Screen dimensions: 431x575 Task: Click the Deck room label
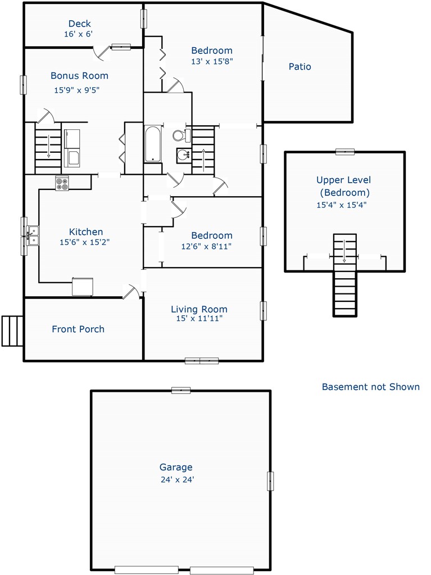coord(80,24)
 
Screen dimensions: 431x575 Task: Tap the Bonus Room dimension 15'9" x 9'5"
coord(77,90)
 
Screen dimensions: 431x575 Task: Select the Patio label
coord(300,67)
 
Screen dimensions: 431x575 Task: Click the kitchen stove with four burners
coord(62,183)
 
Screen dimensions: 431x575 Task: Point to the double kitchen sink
coord(33,236)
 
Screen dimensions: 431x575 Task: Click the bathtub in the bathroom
coord(153,144)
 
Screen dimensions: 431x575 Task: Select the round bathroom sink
coord(183,156)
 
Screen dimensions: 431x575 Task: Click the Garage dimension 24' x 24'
coord(178,479)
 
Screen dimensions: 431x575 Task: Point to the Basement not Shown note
coord(370,387)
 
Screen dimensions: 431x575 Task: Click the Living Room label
coord(199,309)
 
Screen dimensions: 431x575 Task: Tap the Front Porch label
coord(78,329)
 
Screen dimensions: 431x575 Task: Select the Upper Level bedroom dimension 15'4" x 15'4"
coord(342,205)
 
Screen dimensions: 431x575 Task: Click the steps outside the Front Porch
coord(13,330)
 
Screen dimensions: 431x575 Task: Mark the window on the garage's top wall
coord(181,391)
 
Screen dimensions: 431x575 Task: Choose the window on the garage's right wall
coord(270,481)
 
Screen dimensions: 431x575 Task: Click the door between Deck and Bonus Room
coord(102,52)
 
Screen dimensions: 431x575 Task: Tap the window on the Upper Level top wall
coord(345,152)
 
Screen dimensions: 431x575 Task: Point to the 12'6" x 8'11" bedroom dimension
coord(206,246)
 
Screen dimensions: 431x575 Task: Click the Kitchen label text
coord(86,232)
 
